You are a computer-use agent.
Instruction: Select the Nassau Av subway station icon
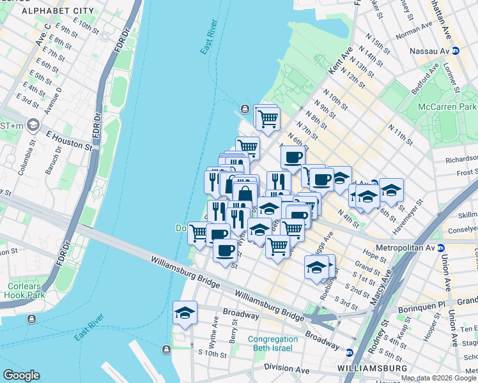[456, 51]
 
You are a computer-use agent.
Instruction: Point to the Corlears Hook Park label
[23, 290]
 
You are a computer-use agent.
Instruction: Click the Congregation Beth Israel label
[273, 343]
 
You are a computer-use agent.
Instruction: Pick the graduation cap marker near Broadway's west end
[185, 313]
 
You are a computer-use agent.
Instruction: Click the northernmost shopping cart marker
[268, 118]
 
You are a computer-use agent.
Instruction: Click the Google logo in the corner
[21, 375]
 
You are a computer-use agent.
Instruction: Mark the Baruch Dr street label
[58, 159]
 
